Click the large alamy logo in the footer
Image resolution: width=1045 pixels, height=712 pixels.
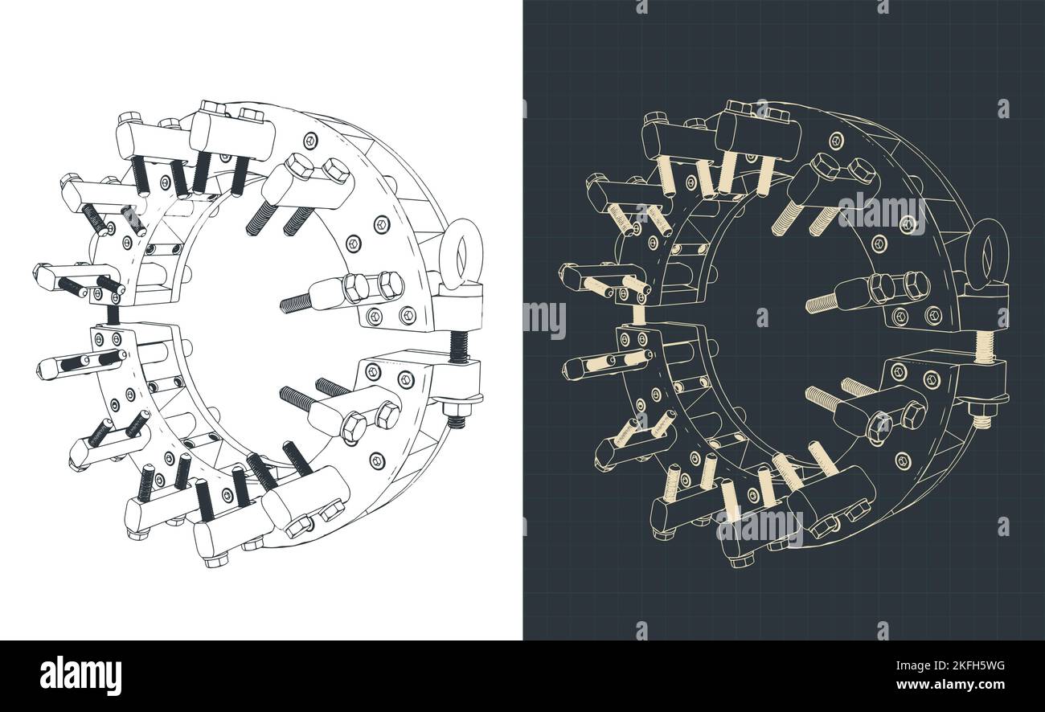(x=80, y=675)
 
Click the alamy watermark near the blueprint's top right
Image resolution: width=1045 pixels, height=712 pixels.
(x=881, y=211)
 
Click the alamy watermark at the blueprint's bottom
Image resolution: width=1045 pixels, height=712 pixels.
(x=759, y=529)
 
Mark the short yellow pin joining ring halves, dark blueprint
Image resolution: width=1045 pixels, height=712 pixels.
(x=640, y=315)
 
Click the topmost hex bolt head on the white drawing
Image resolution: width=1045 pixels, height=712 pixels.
(x=211, y=107)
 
